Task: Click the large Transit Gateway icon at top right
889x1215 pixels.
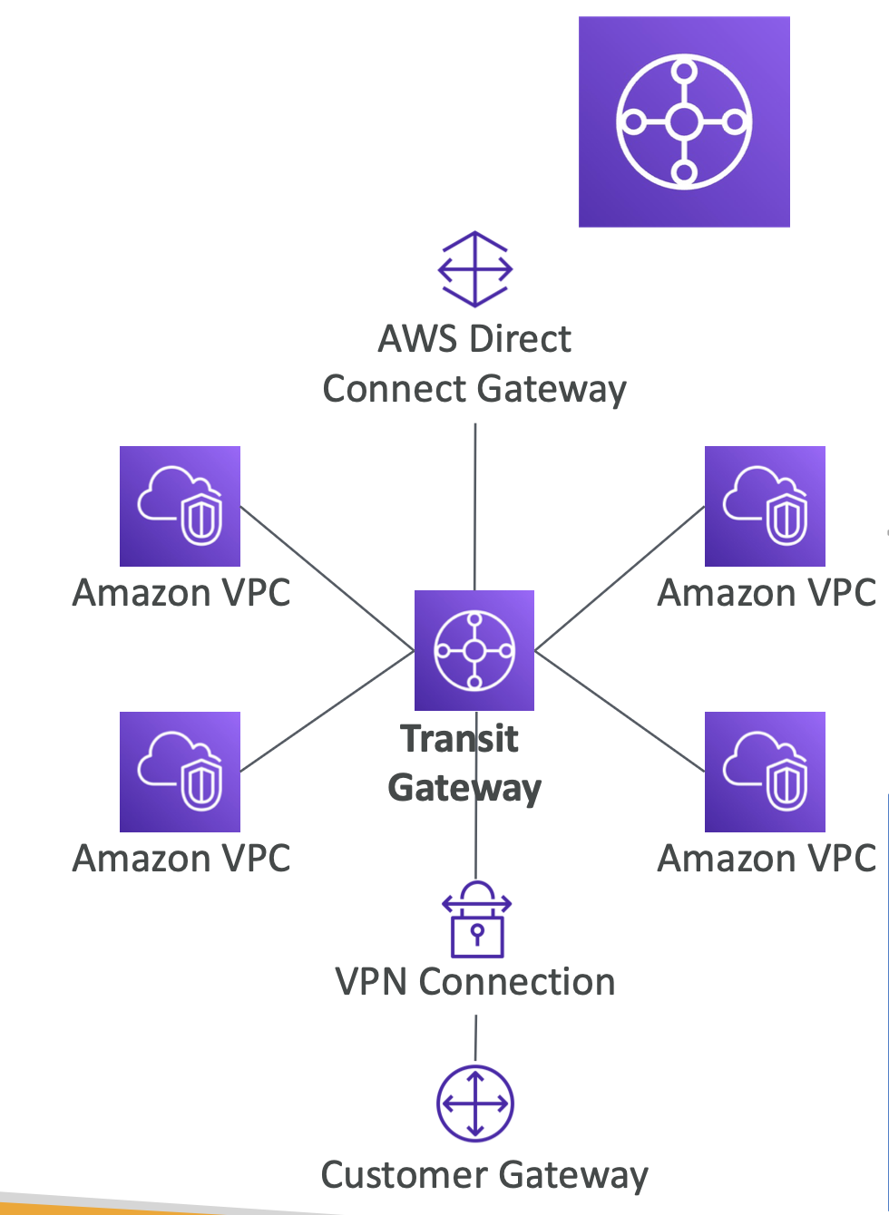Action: click(684, 121)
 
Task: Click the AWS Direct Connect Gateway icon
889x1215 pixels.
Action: click(475, 269)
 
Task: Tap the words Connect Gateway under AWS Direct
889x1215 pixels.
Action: click(474, 389)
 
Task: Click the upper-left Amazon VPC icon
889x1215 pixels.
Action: click(180, 506)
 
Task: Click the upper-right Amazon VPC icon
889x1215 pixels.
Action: click(765, 506)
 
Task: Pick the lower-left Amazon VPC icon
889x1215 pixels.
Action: click(180, 772)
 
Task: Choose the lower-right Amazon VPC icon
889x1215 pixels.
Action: click(765, 772)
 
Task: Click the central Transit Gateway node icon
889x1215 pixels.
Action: click(474, 650)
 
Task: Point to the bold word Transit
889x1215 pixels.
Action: click(459, 739)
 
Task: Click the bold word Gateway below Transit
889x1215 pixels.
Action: click(464, 788)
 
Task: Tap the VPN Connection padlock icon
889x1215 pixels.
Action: click(476, 919)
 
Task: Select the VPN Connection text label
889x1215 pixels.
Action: click(475, 982)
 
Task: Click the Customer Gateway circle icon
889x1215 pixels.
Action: click(475, 1103)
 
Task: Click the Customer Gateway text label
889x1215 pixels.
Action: click(484, 1175)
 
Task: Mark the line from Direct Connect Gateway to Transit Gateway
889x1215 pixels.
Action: click(475, 508)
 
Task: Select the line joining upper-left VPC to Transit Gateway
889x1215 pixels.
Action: click(327, 578)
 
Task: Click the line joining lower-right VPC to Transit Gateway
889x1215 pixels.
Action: click(620, 711)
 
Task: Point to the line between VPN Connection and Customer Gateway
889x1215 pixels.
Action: click(475, 1039)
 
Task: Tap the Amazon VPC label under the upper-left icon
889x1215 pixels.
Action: click(181, 593)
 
